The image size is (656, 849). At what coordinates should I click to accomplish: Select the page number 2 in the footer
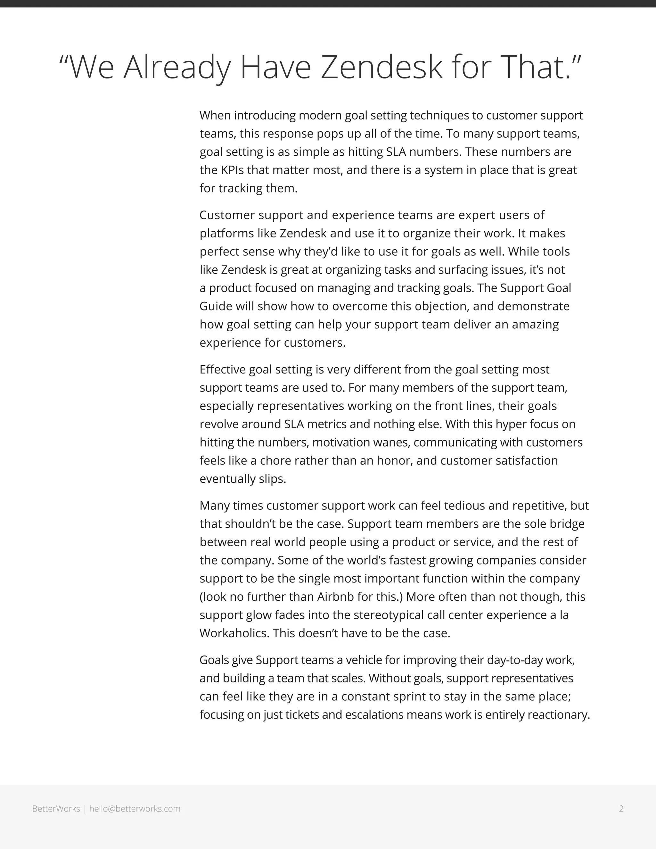click(621, 809)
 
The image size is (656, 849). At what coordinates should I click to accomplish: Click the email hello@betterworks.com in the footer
click(135, 809)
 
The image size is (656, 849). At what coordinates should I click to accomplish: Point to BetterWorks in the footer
click(56, 809)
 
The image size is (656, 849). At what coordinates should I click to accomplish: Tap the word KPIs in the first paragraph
click(233, 170)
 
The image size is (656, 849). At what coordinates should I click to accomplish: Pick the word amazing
click(535, 324)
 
